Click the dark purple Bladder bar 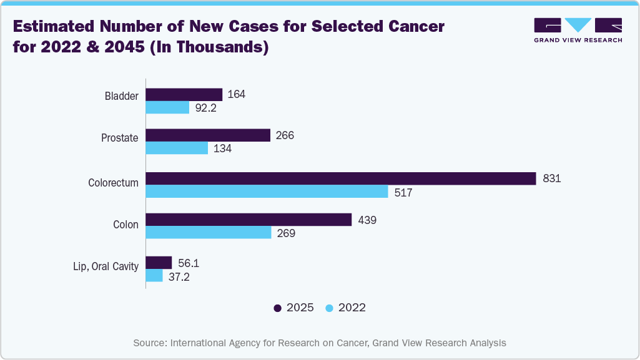[x=184, y=94]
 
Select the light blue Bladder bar [x=167, y=107]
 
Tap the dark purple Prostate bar [x=208, y=135]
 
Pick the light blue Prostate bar [x=177, y=148]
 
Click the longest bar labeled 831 [x=341, y=178]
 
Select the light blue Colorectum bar [x=267, y=192]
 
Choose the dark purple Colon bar [x=249, y=220]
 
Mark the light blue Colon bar [x=209, y=233]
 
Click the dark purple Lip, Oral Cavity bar [x=159, y=263]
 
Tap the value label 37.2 [x=179, y=277]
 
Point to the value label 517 [x=403, y=193]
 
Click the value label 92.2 [x=205, y=108]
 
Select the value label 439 [x=367, y=220]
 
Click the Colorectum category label [x=113, y=183]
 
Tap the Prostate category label [x=119, y=137]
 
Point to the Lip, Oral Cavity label [x=104, y=267]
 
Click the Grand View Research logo [x=578, y=29]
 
